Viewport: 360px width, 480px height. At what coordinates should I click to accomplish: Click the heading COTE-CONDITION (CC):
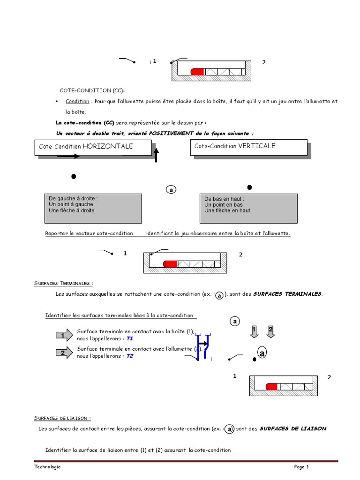click(x=92, y=90)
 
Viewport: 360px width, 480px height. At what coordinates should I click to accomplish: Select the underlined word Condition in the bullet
click(x=77, y=101)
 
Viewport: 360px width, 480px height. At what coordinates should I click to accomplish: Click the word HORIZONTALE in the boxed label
click(x=108, y=146)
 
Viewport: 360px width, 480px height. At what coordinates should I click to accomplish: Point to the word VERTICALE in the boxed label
click(x=256, y=146)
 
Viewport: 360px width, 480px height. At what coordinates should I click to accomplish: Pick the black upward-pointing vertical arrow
click(x=156, y=154)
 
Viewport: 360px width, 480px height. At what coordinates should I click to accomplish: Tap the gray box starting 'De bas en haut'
click(x=248, y=208)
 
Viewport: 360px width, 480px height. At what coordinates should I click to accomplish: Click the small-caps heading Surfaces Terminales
click(x=64, y=283)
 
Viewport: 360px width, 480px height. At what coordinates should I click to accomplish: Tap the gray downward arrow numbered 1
click(x=254, y=331)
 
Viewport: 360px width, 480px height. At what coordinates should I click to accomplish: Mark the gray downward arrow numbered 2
click(x=271, y=331)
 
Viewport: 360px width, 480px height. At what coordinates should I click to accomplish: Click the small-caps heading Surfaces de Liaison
click(x=62, y=418)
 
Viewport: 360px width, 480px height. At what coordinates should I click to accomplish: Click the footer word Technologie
click(x=47, y=467)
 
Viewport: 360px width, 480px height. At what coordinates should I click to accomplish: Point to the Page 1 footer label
click(x=301, y=467)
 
